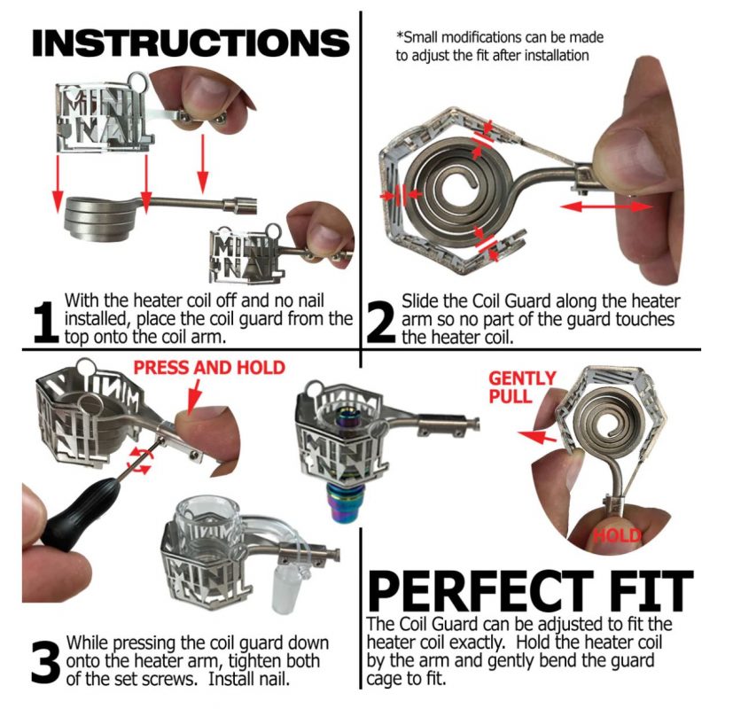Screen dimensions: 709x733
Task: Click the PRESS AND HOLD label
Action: [208, 367]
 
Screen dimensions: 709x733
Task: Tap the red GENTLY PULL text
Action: [522, 386]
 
